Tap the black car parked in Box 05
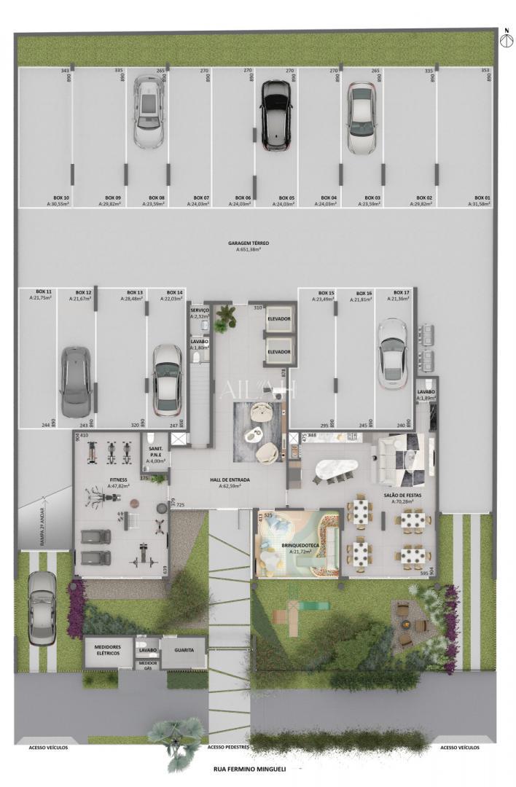click(x=276, y=115)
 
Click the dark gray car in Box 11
click(x=75, y=380)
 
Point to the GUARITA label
click(x=184, y=649)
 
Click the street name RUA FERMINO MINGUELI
click(x=248, y=769)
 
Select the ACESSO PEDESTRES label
click(x=229, y=747)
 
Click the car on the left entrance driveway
click(x=42, y=608)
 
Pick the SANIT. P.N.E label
click(x=155, y=454)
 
